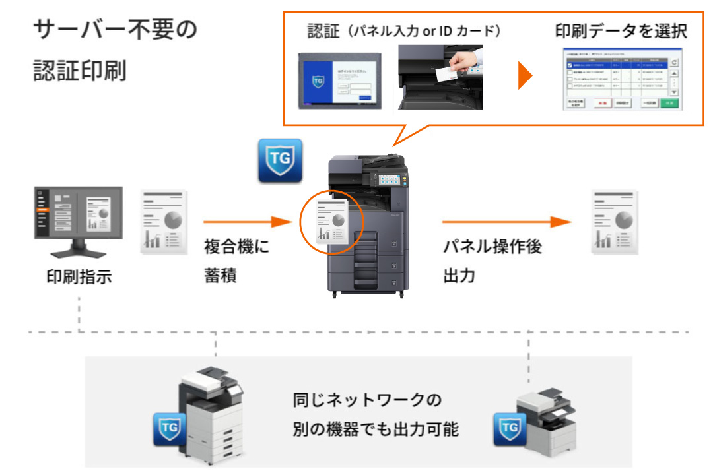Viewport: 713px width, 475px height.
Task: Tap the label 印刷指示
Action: pyautogui.click(x=79, y=276)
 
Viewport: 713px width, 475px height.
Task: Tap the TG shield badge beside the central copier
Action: pyautogui.click(x=280, y=160)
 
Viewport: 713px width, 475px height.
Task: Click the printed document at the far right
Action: pyautogui.click(x=614, y=222)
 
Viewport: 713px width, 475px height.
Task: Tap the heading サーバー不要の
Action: pyautogui.click(x=115, y=30)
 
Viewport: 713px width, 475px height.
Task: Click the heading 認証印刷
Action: pyautogui.click(x=79, y=71)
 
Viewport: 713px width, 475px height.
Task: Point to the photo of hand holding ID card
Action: pyautogui.click(x=440, y=77)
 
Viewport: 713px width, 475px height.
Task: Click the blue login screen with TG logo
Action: pyautogui.click(x=339, y=80)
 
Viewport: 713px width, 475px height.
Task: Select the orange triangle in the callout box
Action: pyautogui.click(x=526, y=77)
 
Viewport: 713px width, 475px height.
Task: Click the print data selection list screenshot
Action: pyautogui.click(x=621, y=79)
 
